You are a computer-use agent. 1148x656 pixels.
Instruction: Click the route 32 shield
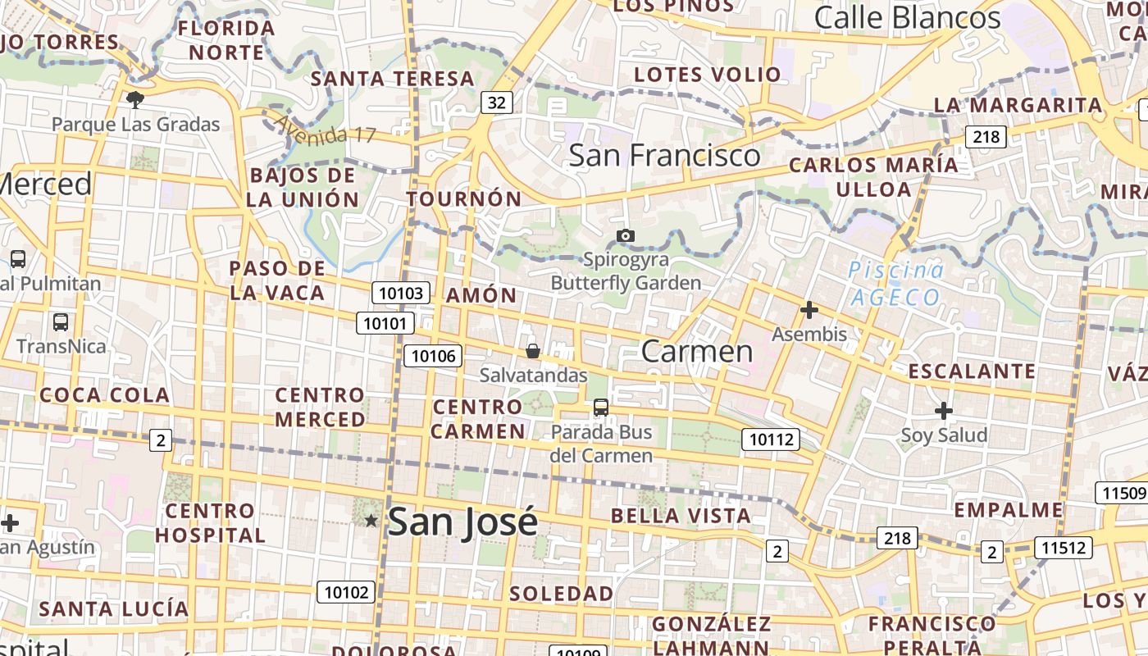496,102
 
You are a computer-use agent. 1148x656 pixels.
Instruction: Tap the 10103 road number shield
401,293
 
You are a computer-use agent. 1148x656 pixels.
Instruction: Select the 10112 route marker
772,440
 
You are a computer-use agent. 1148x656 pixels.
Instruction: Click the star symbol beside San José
371,521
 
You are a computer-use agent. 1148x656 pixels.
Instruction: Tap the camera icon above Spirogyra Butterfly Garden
626,236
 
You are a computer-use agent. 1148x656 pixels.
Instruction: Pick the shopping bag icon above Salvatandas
533,352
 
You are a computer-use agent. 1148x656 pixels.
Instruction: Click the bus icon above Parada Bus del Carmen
601,407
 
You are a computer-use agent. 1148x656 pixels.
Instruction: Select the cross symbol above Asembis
809,310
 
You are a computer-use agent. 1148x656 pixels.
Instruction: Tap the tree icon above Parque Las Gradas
135,101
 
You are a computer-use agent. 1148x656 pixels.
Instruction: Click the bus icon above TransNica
60,321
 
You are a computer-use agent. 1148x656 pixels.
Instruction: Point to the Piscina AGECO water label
895,283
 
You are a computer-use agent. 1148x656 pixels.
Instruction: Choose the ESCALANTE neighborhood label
972,371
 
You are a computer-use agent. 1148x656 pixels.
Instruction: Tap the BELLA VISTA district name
681,516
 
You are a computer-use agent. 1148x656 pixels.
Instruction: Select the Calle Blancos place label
908,18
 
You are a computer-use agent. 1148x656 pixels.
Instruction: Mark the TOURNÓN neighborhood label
464,199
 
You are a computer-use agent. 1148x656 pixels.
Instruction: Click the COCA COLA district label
105,395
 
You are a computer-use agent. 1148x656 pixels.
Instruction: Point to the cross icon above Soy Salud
944,410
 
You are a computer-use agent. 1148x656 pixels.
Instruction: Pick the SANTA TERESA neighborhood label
393,80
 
